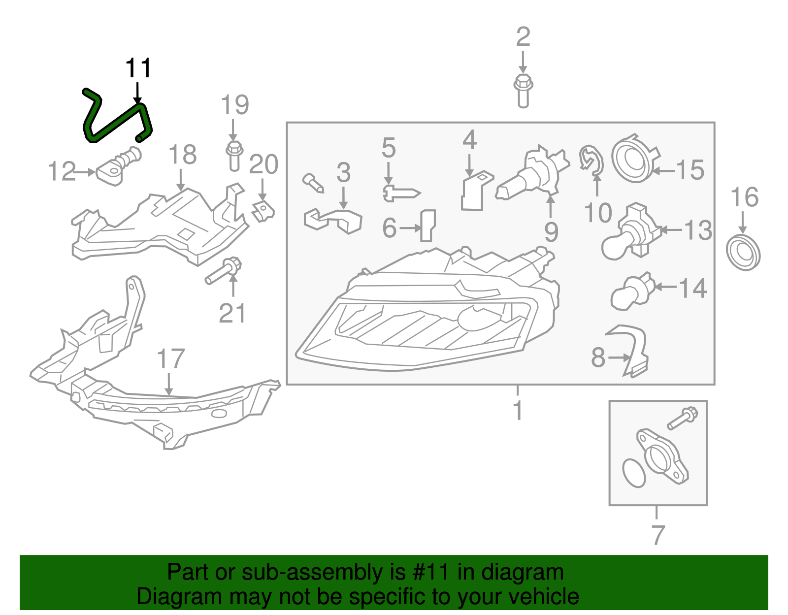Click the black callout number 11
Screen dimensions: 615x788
click(x=138, y=68)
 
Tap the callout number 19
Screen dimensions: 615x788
click(x=234, y=105)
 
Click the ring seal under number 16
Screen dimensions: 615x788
click(x=743, y=253)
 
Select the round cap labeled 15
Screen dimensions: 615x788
click(x=633, y=159)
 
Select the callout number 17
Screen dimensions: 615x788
click(x=170, y=359)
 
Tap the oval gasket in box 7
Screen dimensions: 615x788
click(x=634, y=473)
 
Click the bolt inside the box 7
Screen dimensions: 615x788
click(x=682, y=418)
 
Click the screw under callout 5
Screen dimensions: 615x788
click(x=401, y=193)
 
